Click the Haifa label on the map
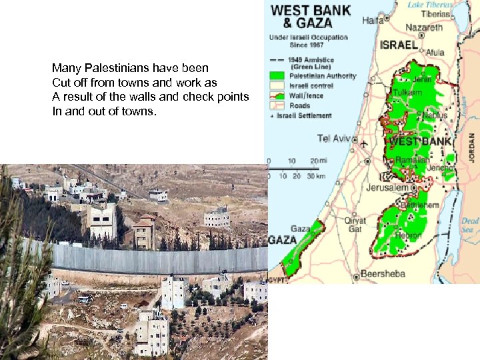click(373, 20)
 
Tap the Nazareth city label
click(424, 28)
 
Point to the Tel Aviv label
click(333, 138)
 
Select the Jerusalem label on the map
click(387, 188)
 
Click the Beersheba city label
click(383, 274)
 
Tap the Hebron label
click(409, 235)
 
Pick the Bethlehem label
click(421, 205)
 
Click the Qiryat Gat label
click(355, 225)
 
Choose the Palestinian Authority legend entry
click(323, 76)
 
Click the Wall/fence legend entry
click(309, 95)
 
